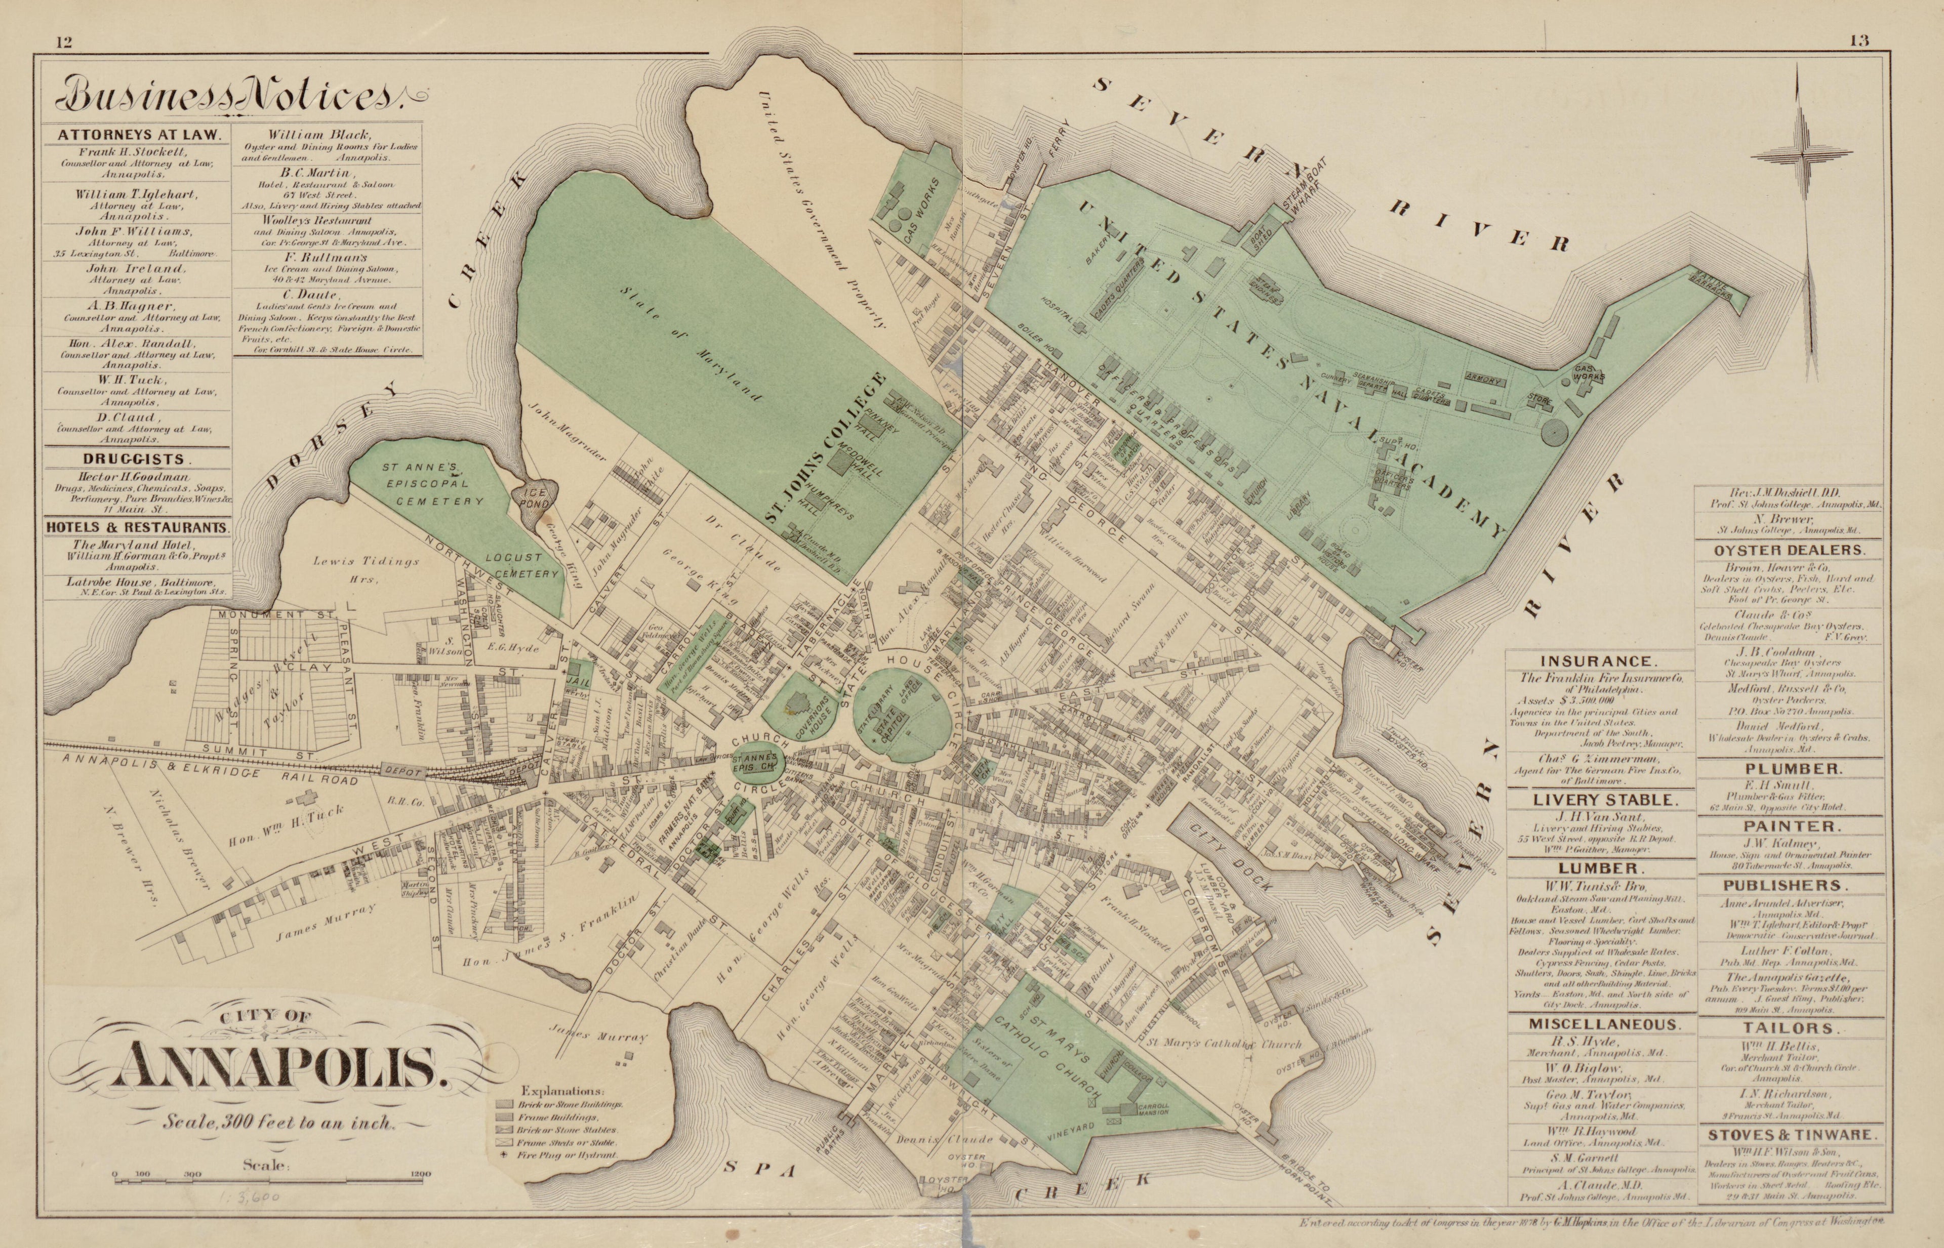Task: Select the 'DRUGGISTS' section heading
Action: point(136,459)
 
